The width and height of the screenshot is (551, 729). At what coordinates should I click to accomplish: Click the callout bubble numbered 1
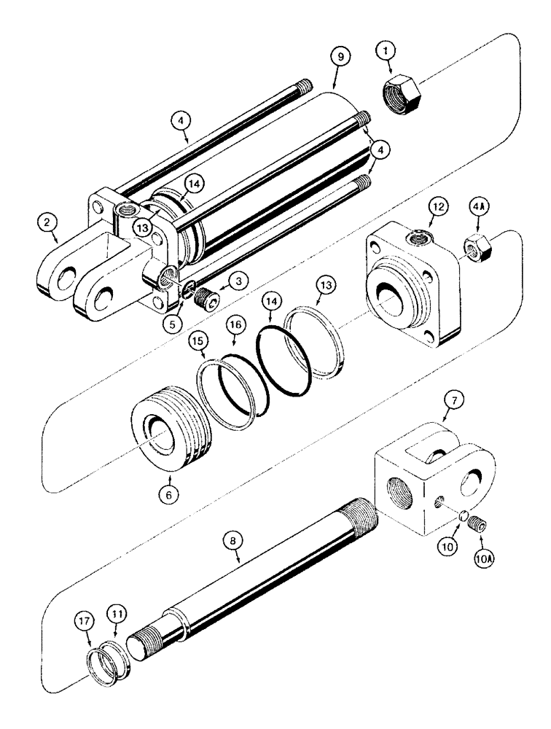tap(387, 51)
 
